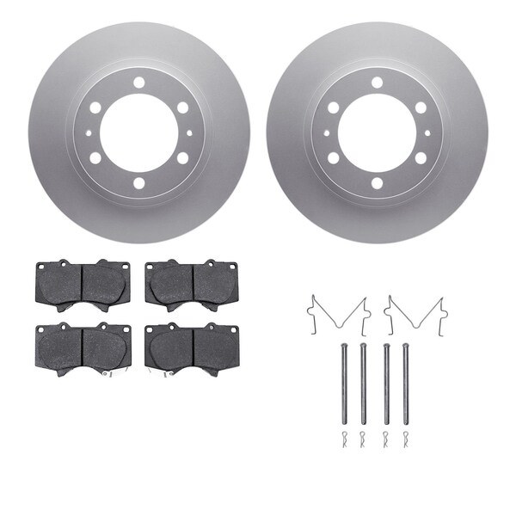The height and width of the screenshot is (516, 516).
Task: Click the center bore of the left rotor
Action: (x=138, y=133)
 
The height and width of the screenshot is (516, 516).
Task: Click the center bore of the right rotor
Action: (x=377, y=133)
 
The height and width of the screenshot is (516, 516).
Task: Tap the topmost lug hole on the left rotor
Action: (x=138, y=83)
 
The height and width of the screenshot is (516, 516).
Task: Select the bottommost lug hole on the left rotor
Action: (x=138, y=183)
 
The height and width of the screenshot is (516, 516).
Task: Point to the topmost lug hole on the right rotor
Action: (x=377, y=83)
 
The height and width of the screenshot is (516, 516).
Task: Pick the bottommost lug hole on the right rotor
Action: (x=377, y=183)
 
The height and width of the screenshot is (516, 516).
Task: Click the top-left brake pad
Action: (x=83, y=284)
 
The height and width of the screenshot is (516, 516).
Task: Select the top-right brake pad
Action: (x=193, y=284)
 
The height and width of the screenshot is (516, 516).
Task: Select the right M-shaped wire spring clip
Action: (x=414, y=314)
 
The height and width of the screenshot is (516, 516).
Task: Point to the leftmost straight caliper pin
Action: (x=343, y=383)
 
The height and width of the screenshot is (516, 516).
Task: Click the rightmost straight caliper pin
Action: (x=405, y=383)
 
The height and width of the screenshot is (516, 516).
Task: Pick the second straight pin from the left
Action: (x=364, y=383)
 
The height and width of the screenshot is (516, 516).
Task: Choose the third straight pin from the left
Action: (x=384, y=383)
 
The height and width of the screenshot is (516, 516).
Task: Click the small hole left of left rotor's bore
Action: (x=89, y=133)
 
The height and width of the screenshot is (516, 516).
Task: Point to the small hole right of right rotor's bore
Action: (x=427, y=133)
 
